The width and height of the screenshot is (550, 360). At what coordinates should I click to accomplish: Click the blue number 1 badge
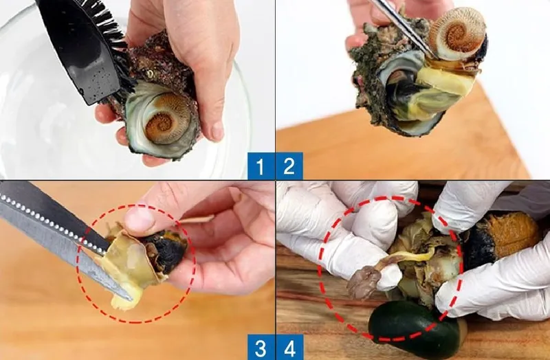point(261,166)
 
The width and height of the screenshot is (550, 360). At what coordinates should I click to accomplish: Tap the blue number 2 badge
point(289,166)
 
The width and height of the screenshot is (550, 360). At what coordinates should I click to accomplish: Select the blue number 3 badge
point(261,348)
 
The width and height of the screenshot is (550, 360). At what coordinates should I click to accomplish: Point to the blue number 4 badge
point(289,348)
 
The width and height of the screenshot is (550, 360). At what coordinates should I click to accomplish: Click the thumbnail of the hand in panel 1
point(217,131)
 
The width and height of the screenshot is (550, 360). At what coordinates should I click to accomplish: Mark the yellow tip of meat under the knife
point(124,299)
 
